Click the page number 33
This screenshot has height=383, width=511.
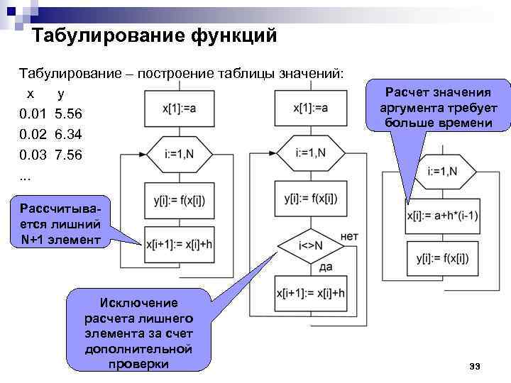(x=476, y=366)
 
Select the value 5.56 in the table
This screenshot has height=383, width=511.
(x=68, y=113)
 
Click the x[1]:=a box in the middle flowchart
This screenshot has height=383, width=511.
(x=310, y=108)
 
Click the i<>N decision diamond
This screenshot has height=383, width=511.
(x=310, y=245)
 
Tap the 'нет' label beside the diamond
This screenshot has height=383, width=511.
(x=349, y=235)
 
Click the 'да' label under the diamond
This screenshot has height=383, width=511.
(x=326, y=267)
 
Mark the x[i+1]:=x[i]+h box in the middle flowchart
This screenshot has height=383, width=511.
(x=310, y=292)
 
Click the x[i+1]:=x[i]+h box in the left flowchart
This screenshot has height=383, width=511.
(x=179, y=244)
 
